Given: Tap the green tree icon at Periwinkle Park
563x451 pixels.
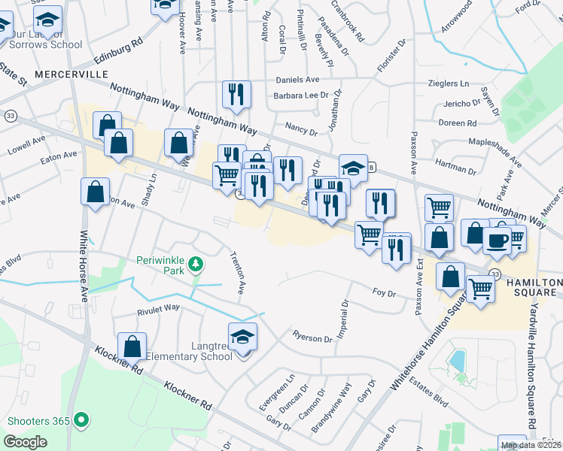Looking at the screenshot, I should point(196,264).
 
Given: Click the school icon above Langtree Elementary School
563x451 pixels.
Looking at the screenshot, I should point(242,336).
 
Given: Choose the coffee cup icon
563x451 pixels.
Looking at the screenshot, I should point(497,240).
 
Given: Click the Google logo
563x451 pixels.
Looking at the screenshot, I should point(26,442).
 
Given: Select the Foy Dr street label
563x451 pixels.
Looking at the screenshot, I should point(384,292).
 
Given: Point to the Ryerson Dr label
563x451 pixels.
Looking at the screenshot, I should point(312,338).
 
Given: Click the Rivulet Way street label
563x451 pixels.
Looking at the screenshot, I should point(158,307).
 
